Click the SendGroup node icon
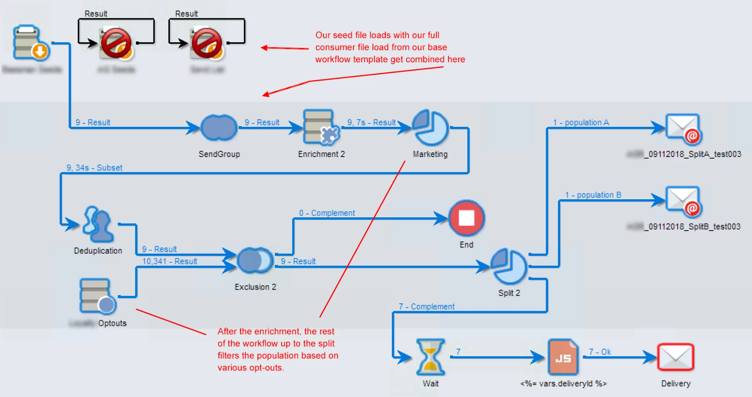[219, 128]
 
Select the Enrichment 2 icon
[321, 127]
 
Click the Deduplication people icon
[98, 224]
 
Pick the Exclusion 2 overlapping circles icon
[255, 260]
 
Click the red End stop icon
[466, 218]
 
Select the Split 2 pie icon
[509, 266]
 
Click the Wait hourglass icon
[430, 357]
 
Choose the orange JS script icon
[563, 357]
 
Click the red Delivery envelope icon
[676, 357]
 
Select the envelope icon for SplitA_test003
[683, 128]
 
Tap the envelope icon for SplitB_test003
[683, 201]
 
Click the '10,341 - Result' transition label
[170, 261]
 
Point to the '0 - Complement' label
[327, 213]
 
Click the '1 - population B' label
[593, 195]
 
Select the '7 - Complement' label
[427, 307]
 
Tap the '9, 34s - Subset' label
[94, 168]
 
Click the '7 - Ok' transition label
[600, 352]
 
